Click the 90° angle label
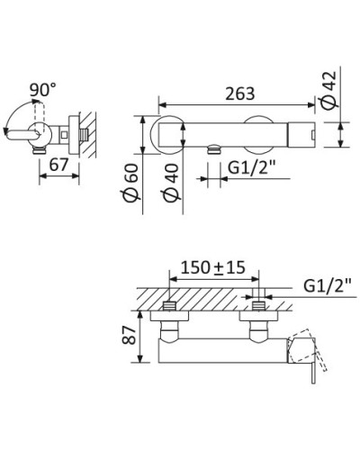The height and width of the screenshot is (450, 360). pos(43,89)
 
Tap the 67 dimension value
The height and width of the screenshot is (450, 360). pos(58,165)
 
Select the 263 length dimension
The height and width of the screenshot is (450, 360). pos(240,94)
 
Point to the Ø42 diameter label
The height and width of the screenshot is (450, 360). pos(328,89)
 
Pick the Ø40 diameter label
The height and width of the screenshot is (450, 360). pos(171,184)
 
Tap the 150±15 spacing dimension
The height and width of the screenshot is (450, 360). pos(213,267)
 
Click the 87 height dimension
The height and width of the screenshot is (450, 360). pos(130,335)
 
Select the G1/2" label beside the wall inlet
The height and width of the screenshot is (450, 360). pos(328,286)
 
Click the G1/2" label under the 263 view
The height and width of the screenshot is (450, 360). pos(252,168)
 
